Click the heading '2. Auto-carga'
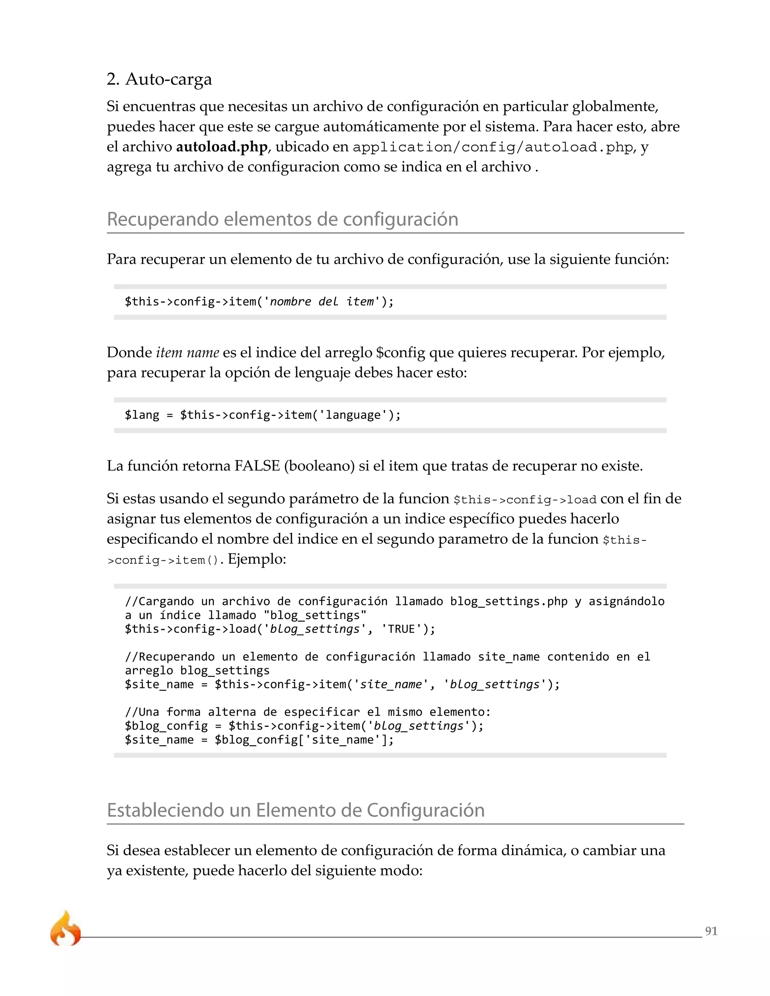pos(159,79)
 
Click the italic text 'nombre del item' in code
pos(322,301)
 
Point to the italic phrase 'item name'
pos(188,353)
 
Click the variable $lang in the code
pos(142,415)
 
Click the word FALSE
pos(257,466)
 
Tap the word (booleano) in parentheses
pos(319,466)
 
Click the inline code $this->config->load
pos(524,500)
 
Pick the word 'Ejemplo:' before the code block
pos(257,559)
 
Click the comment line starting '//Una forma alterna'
pos(308,712)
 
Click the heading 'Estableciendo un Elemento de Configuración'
pos(296,810)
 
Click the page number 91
pos(711,931)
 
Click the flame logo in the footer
pos(65,929)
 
